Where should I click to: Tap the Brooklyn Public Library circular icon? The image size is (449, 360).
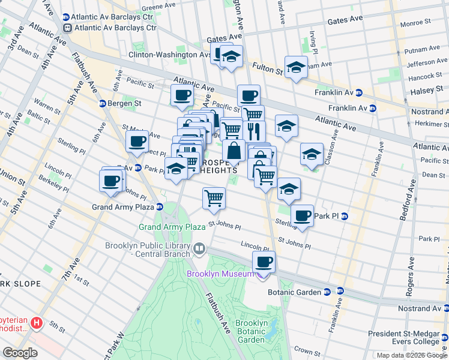click(x=199, y=248)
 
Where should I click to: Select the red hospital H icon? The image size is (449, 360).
click(x=37, y=324)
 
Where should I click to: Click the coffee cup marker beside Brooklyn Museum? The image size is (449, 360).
click(x=264, y=262)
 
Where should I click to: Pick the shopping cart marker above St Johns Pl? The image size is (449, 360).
click(x=214, y=198)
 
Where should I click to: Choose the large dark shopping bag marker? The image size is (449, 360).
click(x=234, y=151)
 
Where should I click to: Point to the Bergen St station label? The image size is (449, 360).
click(x=124, y=103)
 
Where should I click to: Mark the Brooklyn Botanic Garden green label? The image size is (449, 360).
click(x=252, y=331)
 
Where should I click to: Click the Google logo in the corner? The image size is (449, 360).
click(x=20, y=352)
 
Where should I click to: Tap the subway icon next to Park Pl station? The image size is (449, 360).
click(x=344, y=217)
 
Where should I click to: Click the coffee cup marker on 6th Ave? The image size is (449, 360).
click(x=137, y=142)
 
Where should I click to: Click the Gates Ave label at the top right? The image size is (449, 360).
click(x=345, y=20)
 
